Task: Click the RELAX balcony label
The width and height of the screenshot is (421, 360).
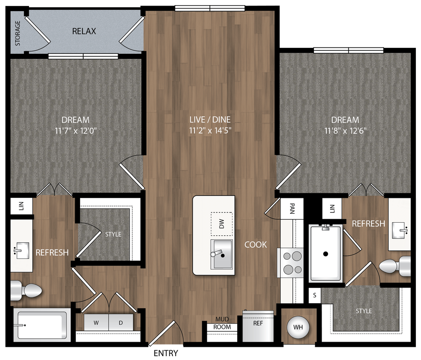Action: [x=84, y=31]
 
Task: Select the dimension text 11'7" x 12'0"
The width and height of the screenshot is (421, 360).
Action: [x=75, y=131]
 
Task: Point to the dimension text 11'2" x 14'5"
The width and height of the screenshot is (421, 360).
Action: [x=210, y=131]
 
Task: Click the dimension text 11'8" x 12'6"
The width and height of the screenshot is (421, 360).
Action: [x=345, y=131]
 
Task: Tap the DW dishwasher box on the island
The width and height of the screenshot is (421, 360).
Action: [x=221, y=224]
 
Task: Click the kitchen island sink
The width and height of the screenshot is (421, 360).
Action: [x=222, y=254]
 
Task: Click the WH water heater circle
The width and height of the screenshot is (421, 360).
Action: [x=299, y=327]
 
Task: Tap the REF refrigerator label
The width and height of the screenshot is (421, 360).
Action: [x=258, y=323]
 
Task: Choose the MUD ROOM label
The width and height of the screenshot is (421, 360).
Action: [x=222, y=323]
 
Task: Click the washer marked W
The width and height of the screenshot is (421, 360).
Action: [x=96, y=323]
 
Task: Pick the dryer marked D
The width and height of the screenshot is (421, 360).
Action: [x=121, y=323]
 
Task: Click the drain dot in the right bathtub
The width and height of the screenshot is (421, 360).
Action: [x=326, y=254]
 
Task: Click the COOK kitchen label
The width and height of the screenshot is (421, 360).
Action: [x=256, y=244]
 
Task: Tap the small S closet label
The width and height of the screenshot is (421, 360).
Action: [x=315, y=295]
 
